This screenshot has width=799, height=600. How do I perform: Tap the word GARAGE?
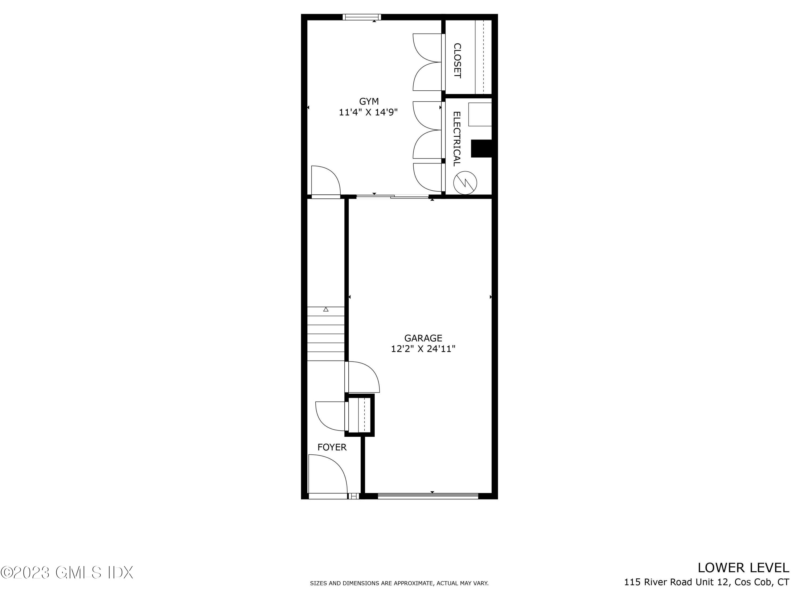coord(423,338)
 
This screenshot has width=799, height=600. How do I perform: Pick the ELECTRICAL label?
coord(457,139)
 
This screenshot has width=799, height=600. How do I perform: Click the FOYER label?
coord(332,447)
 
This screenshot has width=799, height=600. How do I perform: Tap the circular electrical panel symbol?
coord(465,183)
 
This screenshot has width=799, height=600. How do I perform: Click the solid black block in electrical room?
coord(482,148)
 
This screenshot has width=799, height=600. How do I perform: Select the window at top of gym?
coord(362,17)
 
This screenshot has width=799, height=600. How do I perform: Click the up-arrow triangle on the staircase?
coord(326,309)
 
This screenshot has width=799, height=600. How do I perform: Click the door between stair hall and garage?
coord(362,377)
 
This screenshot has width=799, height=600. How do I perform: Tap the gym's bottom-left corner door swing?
coord(325,181)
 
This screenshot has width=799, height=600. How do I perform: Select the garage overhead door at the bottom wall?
coord(428,496)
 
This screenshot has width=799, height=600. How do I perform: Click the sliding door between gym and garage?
coord(392,196)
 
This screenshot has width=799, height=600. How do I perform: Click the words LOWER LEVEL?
coord(743,568)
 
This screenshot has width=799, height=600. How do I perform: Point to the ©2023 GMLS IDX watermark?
coord(67,572)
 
